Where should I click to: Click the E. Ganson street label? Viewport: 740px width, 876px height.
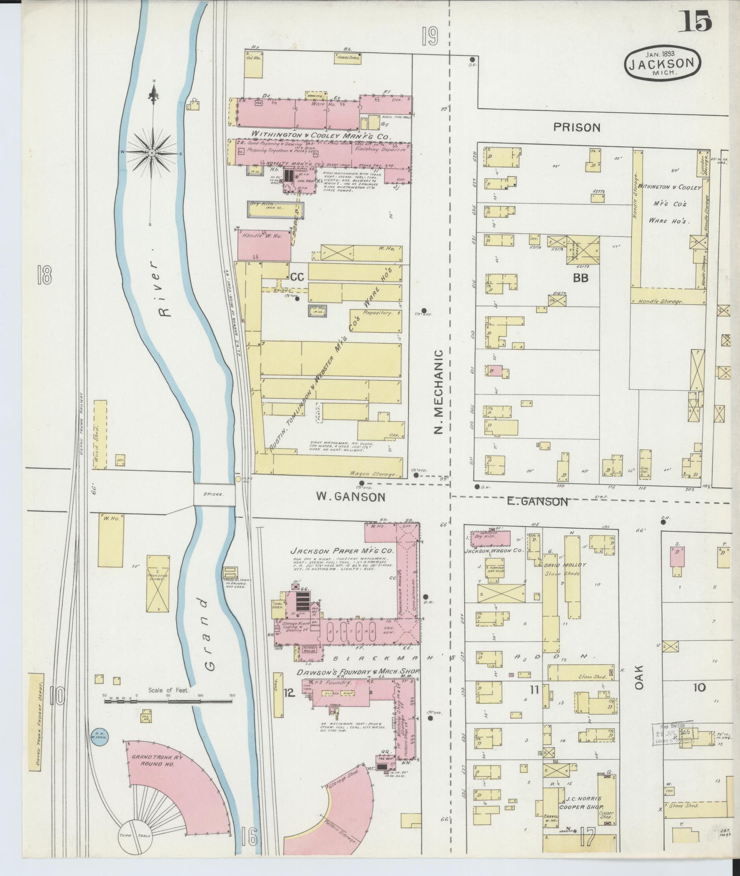[x=538, y=501]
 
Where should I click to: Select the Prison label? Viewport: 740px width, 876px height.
[x=577, y=127]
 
